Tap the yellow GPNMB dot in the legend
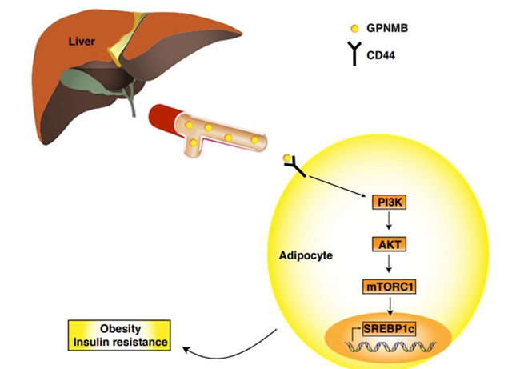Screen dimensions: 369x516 pyautogui.click(x=354, y=28)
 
